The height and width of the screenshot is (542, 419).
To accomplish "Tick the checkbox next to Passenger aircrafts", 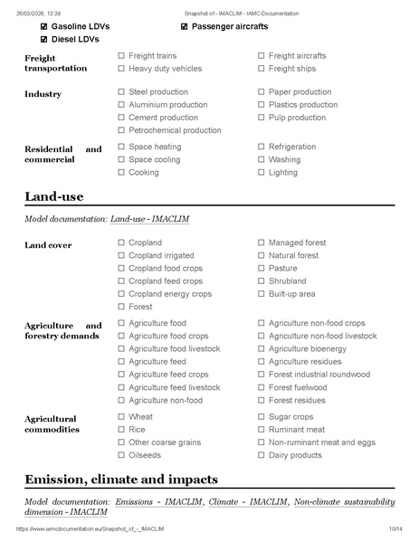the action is click(185, 27).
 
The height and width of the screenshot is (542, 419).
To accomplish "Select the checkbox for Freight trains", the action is click(121, 56).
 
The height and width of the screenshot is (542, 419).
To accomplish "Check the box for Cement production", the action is click(121, 118).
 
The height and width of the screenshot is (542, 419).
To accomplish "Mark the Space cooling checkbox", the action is click(121, 159).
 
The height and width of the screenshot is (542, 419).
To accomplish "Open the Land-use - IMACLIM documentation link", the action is click(149, 219).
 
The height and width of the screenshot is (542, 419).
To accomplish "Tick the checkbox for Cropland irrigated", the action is click(121, 256).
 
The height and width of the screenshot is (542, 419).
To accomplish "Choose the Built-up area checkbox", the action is click(262, 294).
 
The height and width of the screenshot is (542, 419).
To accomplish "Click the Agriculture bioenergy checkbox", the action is click(262, 349).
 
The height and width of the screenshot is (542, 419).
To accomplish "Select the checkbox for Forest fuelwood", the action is click(262, 387).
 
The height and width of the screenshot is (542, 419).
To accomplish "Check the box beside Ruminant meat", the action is click(262, 430).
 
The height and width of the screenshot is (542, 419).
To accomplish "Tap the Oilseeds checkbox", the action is click(121, 455).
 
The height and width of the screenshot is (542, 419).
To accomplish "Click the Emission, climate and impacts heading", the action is click(121, 479).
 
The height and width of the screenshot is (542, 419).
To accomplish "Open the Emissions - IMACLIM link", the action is click(157, 501).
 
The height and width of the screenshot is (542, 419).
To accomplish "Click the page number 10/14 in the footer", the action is click(395, 528).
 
